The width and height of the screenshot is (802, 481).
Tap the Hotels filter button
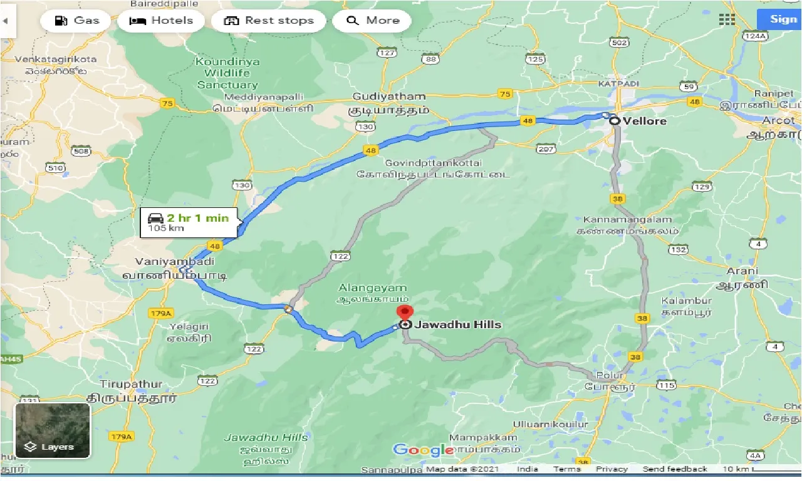[x=161, y=21]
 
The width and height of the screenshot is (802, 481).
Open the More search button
[x=372, y=21]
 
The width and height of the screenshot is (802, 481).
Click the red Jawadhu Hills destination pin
[x=405, y=314]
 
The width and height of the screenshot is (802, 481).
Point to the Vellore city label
[x=645, y=121]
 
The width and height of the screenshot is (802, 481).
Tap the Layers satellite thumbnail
[x=53, y=430]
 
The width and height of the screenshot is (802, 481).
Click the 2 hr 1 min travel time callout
[x=189, y=222]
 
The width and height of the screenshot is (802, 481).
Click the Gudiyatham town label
[x=389, y=97]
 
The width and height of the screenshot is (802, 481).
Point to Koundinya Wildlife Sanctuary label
[x=226, y=73]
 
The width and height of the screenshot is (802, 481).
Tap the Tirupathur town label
[x=131, y=384]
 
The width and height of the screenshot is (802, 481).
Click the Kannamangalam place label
[x=627, y=220]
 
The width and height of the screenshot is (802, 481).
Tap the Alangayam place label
[x=373, y=288]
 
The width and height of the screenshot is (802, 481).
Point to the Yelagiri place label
[x=191, y=327]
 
